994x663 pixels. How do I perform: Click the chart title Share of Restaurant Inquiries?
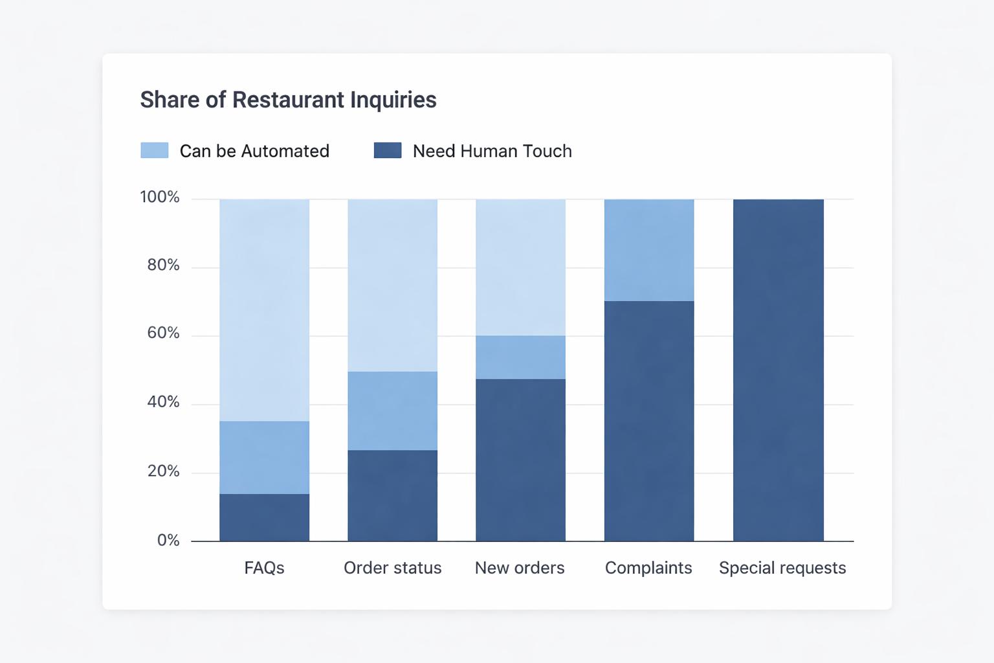coord(288,100)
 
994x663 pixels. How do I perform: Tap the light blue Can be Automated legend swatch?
coord(155,150)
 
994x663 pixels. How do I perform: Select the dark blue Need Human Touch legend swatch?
coord(388,150)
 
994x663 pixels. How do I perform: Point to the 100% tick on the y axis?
coord(160,197)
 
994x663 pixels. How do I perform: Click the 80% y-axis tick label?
coord(163,265)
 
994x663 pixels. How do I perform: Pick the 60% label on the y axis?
coord(163,333)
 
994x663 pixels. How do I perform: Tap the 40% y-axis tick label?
coord(163,402)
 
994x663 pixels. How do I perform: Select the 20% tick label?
coord(163,471)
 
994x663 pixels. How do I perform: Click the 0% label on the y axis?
coord(168,540)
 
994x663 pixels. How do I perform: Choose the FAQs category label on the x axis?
coord(264,568)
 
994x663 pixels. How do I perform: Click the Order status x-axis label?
coord(392,568)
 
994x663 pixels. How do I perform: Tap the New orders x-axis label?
coord(520,568)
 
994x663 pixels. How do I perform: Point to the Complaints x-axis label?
coord(648,568)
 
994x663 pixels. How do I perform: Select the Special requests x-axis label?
coord(782,568)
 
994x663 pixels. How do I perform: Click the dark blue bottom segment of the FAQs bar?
coord(264,517)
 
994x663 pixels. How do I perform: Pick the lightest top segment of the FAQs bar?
coord(264,310)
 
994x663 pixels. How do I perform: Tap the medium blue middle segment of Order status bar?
coord(392,410)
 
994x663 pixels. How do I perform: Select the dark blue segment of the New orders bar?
coord(520,460)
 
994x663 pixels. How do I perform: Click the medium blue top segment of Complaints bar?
coord(649,250)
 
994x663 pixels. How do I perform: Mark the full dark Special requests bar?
coord(779,370)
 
